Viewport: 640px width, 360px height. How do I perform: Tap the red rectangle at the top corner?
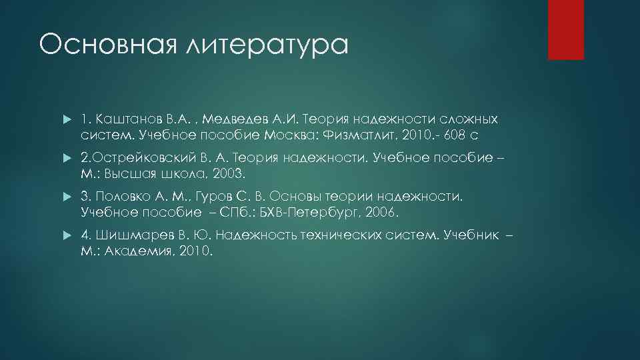[x=565, y=29]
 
